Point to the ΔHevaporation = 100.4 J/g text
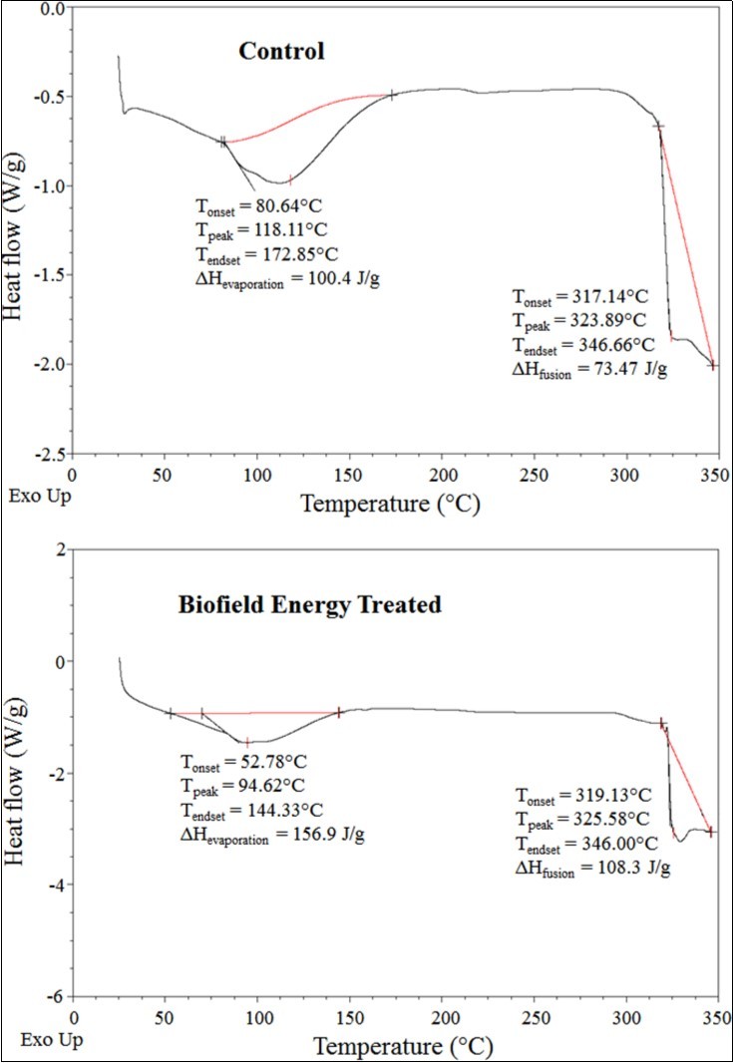coord(287,281)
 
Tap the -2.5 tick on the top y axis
coord(49,454)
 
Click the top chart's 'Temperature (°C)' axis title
coord(391,503)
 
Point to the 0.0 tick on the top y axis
coord(51,8)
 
